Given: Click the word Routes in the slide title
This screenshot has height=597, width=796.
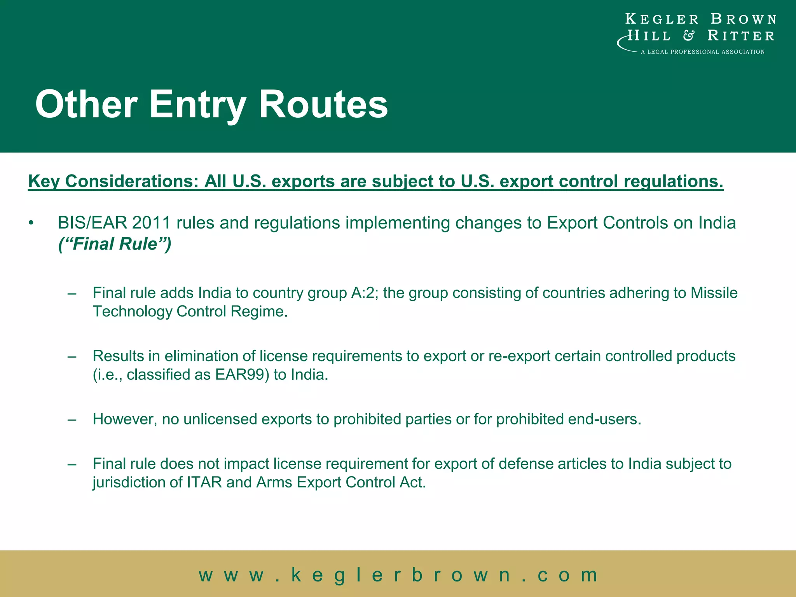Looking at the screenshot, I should pyautogui.click(x=323, y=104).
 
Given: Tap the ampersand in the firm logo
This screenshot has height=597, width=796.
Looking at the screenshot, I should pyautogui.click(x=689, y=36).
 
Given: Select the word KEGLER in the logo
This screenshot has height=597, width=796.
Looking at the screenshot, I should pyautogui.click(x=662, y=19).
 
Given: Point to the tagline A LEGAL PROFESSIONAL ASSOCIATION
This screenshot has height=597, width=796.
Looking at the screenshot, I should pyautogui.click(x=703, y=52).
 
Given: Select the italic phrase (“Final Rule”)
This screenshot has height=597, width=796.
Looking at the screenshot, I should pyautogui.click(x=115, y=244).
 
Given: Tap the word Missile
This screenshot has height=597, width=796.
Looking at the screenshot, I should pyautogui.click(x=714, y=293).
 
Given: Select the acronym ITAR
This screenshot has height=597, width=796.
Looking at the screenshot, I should pyautogui.click(x=204, y=482).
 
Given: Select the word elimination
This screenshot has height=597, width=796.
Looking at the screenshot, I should pyautogui.click(x=209, y=356).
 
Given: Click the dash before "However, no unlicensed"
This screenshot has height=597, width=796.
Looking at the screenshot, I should pyautogui.click(x=72, y=420).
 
